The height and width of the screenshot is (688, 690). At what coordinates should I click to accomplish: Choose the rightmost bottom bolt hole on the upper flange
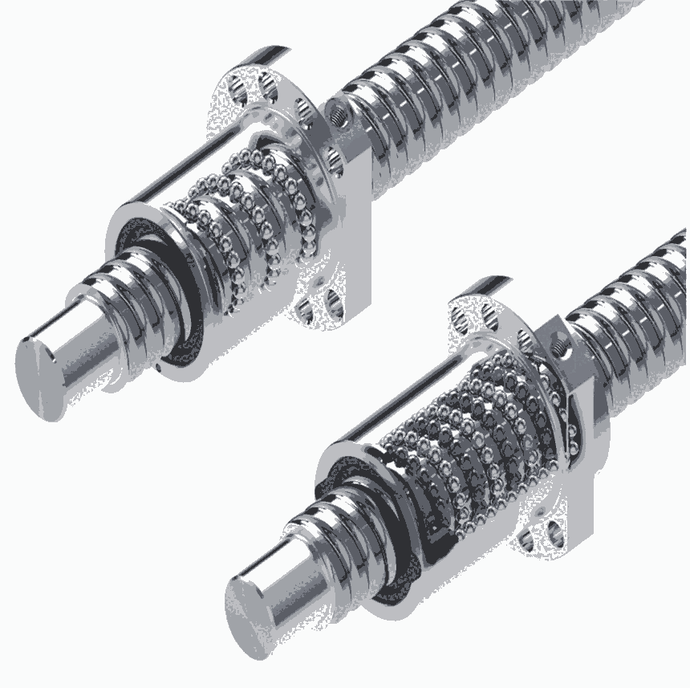pos(333,303)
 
